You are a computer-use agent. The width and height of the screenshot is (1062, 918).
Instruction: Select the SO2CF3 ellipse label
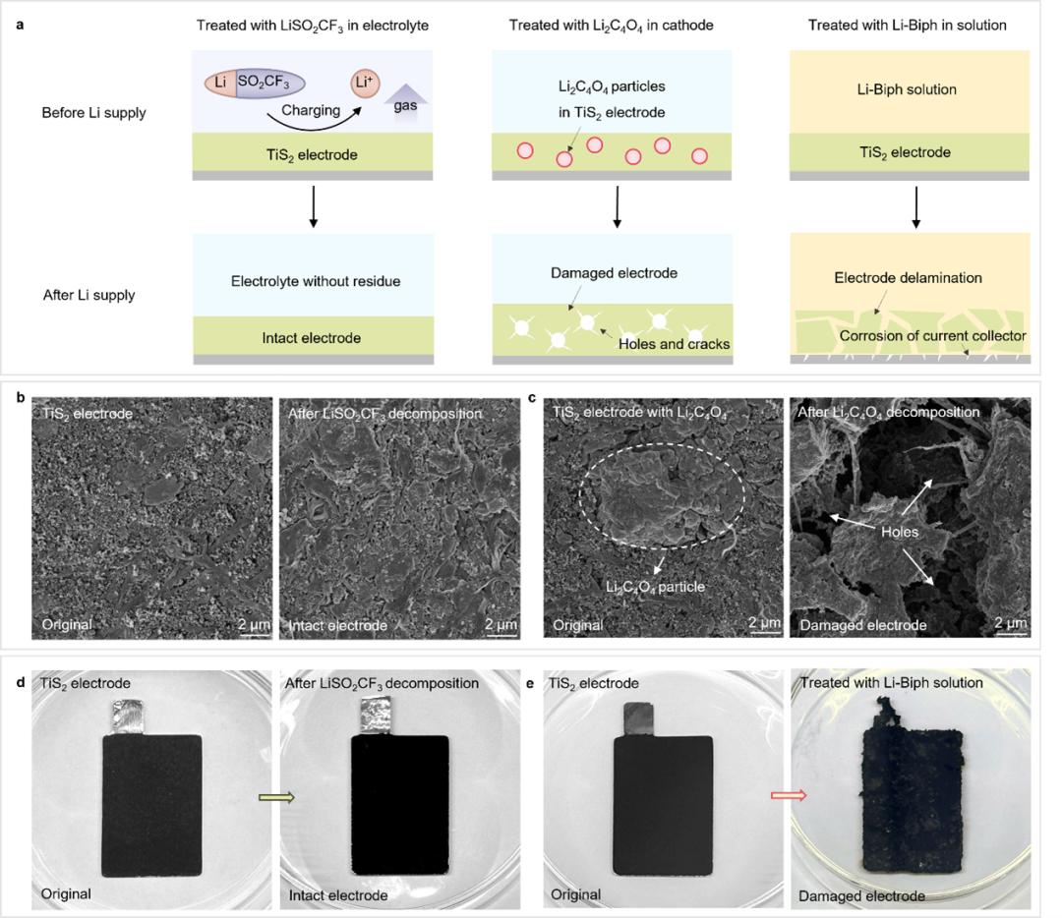[267, 83]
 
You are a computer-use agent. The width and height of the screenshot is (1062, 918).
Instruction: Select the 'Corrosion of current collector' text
[931, 336]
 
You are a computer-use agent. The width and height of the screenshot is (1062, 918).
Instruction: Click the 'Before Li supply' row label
[93, 112]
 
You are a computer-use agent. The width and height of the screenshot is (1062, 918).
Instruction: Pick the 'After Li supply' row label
[88, 295]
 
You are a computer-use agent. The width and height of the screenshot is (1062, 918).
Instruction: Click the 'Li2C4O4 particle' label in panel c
[655, 587]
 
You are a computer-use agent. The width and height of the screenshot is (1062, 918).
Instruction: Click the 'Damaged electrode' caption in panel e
[861, 895]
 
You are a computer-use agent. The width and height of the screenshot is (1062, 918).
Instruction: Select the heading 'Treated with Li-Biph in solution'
[907, 25]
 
